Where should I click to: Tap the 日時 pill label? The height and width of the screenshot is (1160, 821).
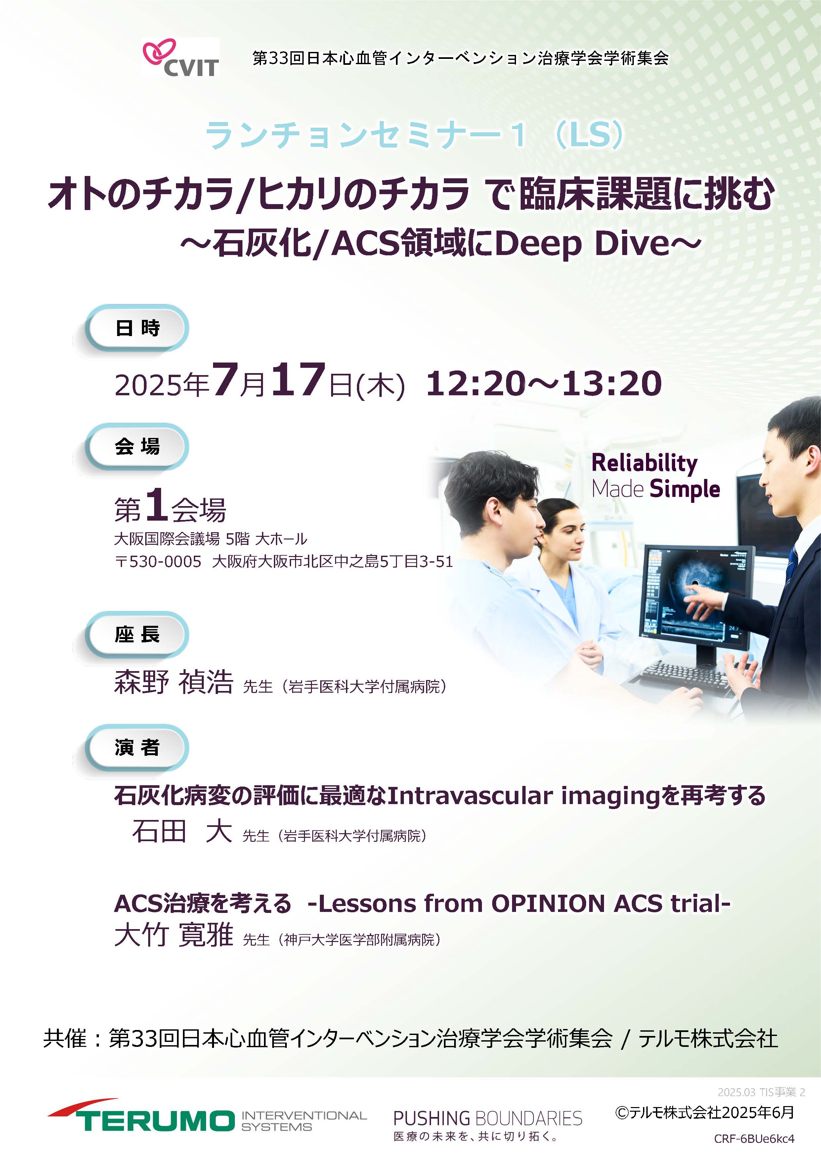137,328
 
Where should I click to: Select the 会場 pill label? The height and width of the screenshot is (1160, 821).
137,446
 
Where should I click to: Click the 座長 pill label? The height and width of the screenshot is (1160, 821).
137,634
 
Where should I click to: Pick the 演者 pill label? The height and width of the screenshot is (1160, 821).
137,748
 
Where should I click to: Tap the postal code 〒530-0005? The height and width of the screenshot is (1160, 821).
158,562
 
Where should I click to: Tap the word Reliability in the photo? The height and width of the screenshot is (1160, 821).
645,463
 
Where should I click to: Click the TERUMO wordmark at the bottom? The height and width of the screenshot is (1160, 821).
156,1120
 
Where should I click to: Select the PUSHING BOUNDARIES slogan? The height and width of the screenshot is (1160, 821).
488,1118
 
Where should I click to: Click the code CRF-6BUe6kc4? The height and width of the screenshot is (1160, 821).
754,1139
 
